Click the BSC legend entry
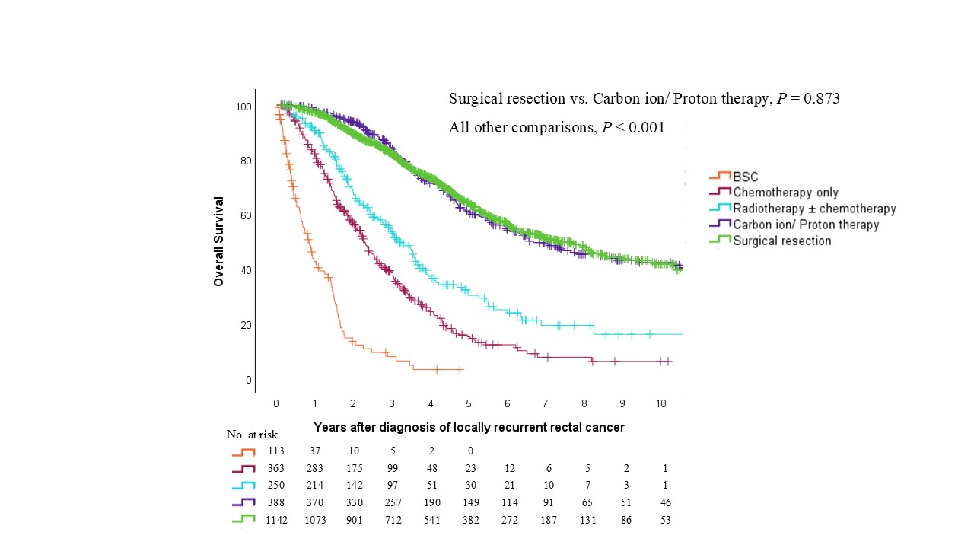coord(745,177)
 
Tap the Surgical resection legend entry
coord(781,241)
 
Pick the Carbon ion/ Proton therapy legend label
coord(806,225)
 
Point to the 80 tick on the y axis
coord(244,161)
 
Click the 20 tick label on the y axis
coord(244,325)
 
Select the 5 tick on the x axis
coord(469,402)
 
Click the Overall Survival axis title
coord(219,241)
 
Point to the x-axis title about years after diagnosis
coord(469,428)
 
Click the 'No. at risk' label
coord(252,435)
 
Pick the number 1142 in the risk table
coord(275,520)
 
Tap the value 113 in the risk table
coord(275,451)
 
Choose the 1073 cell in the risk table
coord(314,520)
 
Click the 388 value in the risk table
coord(275,502)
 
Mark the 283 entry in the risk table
coord(314,468)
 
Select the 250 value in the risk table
coord(275,486)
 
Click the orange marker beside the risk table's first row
coord(243,452)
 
